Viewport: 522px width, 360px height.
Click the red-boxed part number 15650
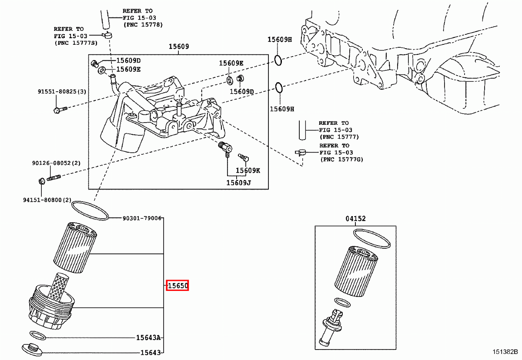(177, 286)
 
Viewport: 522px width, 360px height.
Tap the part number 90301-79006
(142, 218)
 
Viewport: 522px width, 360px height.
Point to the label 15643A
(148, 337)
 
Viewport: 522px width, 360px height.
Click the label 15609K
(248, 170)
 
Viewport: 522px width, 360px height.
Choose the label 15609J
(238, 183)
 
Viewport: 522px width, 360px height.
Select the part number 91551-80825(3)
(62, 92)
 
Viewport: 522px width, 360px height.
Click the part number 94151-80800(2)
(47, 200)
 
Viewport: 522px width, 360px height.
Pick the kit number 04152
(355, 219)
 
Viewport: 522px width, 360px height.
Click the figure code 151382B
(505, 352)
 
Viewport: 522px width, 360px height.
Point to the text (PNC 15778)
(143, 25)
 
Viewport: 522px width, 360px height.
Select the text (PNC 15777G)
(341, 160)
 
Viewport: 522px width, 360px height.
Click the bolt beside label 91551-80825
(60, 109)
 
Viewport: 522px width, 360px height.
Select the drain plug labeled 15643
(32, 349)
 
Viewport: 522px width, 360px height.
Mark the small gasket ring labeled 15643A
(38, 335)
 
